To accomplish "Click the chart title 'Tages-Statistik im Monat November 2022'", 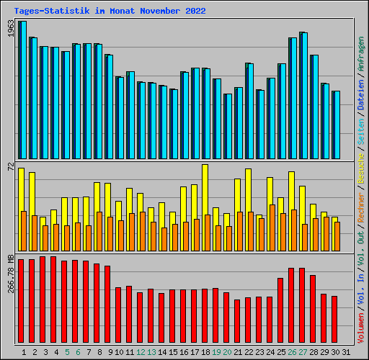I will coord(110,11).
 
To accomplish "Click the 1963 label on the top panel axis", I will coord(10,28).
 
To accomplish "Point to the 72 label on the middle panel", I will coord(10,166).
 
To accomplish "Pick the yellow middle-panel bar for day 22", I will coord(248,191).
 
